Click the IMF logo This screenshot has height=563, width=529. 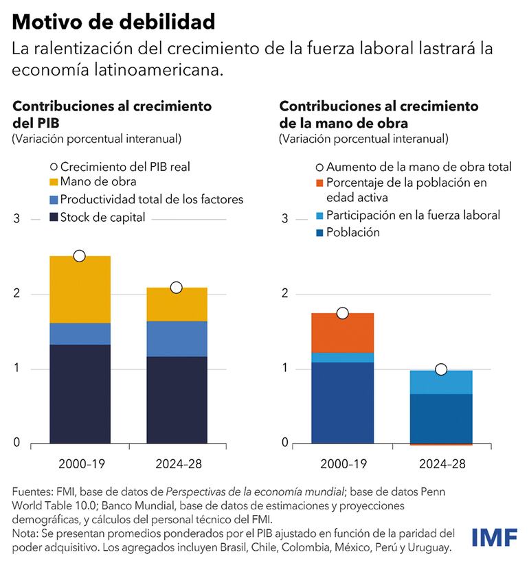coord(495,538)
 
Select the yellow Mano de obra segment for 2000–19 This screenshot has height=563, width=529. coord(80,290)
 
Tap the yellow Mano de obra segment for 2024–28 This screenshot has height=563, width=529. coord(176,304)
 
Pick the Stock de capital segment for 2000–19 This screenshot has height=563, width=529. coord(80,393)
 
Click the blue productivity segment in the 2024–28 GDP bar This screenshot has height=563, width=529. coord(176,338)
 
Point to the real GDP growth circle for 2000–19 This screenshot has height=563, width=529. coord(79,256)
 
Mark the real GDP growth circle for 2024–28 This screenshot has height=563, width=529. coord(176,288)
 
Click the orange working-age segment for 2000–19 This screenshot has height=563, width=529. coord(343,333)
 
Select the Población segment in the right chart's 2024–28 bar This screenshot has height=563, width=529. coord(441,418)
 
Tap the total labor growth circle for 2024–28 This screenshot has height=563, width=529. coord(441,370)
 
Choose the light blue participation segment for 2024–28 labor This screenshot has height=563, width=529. coord(441,382)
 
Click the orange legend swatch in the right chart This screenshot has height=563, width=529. coord(319,183)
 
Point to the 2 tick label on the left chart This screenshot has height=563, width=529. coord(17,294)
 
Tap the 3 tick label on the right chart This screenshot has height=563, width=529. coord(282,219)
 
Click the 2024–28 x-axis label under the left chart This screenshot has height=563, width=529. coord(176,464)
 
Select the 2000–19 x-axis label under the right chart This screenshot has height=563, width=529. coord(344,464)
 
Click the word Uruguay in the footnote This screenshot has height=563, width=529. coord(431,549)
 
